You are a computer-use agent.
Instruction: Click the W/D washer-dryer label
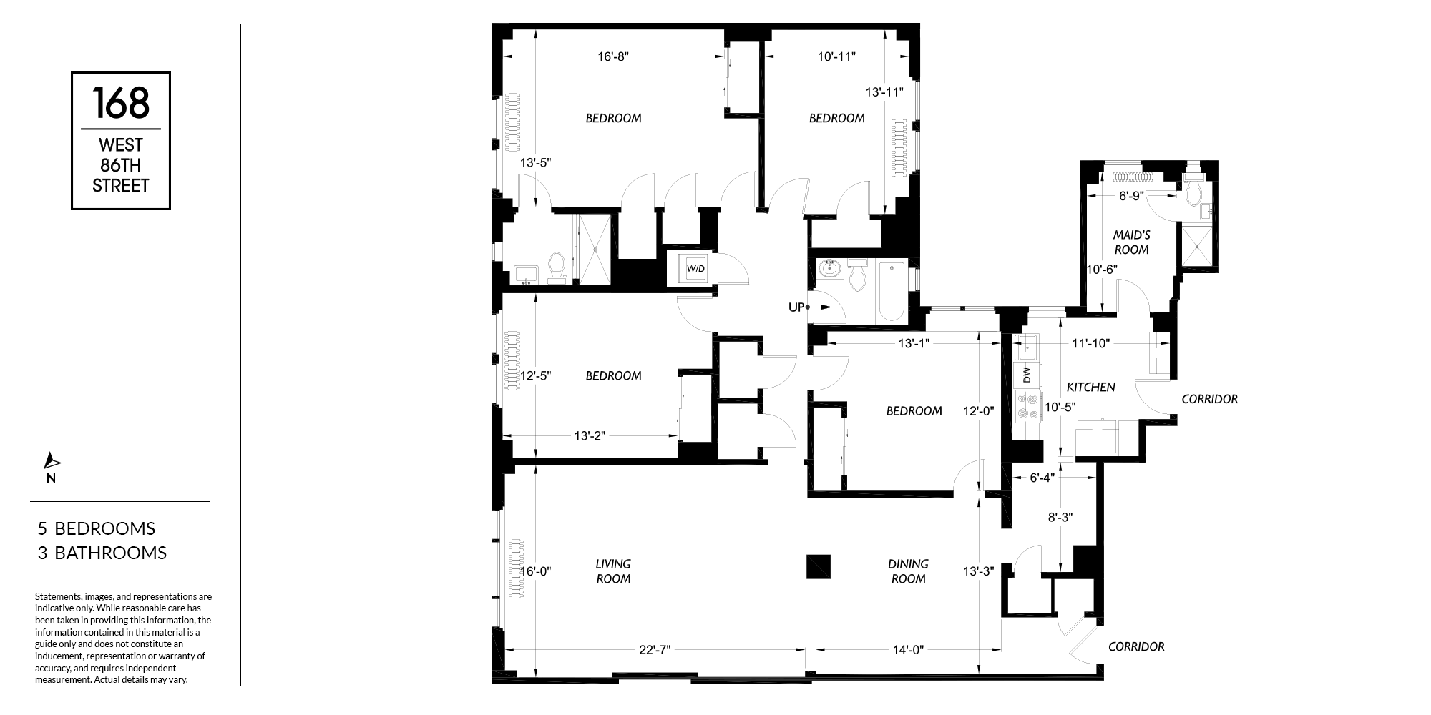[695, 269]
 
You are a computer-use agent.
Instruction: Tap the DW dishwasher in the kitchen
[1027, 375]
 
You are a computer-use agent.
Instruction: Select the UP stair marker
[796, 307]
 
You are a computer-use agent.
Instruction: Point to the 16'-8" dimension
[612, 56]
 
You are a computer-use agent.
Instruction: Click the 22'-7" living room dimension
[654, 650]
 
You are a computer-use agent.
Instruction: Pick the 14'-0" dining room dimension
[908, 650]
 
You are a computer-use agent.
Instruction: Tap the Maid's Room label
[1131, 242]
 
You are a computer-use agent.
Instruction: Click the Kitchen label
[1091, 387]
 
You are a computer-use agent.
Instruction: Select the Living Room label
[613, 571]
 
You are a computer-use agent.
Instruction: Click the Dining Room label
[909, 571]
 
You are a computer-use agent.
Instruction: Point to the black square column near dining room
[819, 566]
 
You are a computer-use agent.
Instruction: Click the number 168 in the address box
[121, 102]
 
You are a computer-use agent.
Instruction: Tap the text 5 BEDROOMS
[97, 528]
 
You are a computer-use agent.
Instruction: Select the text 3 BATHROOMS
[102, 553]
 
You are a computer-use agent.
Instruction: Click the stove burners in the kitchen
[1027, 406]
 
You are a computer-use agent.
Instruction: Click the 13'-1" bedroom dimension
[914, 342]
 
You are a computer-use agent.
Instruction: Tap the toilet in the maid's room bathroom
[1192, 192]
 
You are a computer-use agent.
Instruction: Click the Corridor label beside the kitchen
[1209, 399]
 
